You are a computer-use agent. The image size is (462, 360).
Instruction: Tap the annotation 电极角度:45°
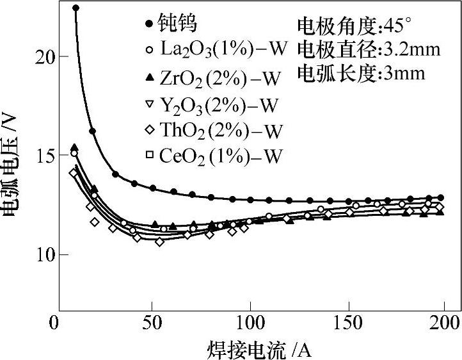pyautogui.click(x=354, y=26)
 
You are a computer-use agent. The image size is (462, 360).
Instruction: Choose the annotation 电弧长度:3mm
pyautogui.click(x=361, y=72)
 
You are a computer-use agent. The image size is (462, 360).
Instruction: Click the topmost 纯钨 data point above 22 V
pyautogui.click(x=76, y=8)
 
